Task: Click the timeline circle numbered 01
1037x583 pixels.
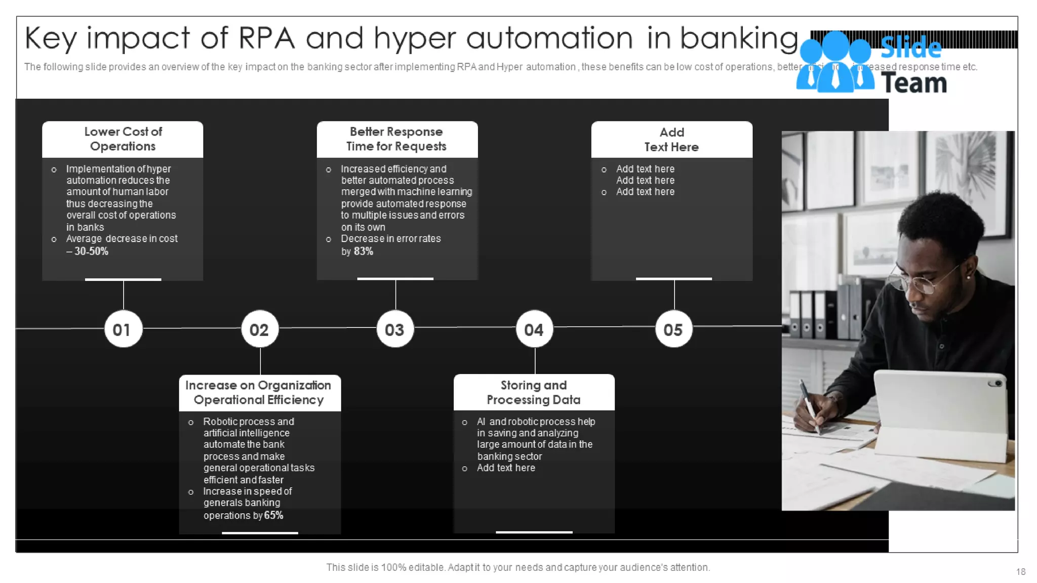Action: point(123,329)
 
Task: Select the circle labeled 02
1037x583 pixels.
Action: point(260,329)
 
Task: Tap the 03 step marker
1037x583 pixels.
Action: point(395,329)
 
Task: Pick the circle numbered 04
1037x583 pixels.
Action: point(534,329)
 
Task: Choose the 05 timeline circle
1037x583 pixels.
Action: point(673,329)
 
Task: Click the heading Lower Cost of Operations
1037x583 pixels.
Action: point(123,139)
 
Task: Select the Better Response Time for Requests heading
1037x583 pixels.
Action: point(396,139)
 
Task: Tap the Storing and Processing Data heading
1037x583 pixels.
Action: point(534,392)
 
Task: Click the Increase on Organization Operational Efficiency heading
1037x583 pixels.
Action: point(259,392)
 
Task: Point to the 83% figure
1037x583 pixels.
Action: point(364,252)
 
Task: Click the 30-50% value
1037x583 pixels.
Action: point(91,252)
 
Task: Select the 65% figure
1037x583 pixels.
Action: point(273,515)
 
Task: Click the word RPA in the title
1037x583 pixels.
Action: point(266,38)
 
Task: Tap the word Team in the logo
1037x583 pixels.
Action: point(914,83)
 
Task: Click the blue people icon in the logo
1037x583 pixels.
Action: point(835,63)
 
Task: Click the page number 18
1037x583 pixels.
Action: point(1020,572)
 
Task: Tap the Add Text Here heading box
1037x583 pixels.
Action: point(671,140)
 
